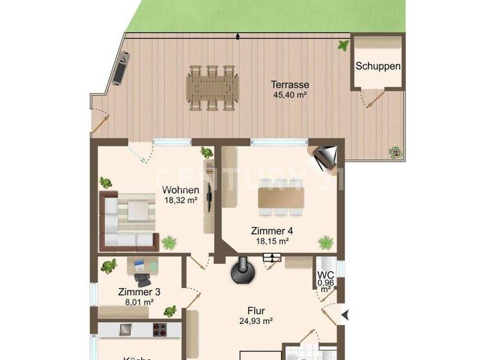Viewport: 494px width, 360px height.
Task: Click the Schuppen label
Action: click(x=378, y=66)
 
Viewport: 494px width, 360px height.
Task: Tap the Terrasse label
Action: click(x=289, y=84)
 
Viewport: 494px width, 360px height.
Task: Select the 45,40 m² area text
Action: click(x=289, y=95)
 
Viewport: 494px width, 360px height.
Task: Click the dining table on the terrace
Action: click(x=213, y=87)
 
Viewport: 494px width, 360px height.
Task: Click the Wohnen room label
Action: click(x=180, y=190)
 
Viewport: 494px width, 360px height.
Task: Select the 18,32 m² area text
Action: click(x=180, y=200)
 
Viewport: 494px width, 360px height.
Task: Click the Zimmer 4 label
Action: click(x=271, y=231)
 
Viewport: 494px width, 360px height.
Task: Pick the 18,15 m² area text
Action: click(x=271, y=241)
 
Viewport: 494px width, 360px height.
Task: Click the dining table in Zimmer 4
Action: click(x=280, y=197)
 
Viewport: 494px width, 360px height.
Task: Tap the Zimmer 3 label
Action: click(x=139, y=291)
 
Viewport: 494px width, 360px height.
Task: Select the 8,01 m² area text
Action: click(x=139, y=301)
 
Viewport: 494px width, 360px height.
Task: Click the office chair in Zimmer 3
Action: click(x=142, y=280)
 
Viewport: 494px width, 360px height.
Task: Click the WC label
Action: click(x=325, y=276)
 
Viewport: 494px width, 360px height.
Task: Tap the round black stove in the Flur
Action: click(x=242, y=273)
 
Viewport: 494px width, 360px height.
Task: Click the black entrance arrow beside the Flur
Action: click(x=345, y=314)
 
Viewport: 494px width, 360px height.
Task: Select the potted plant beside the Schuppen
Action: click(x=343, y=45)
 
